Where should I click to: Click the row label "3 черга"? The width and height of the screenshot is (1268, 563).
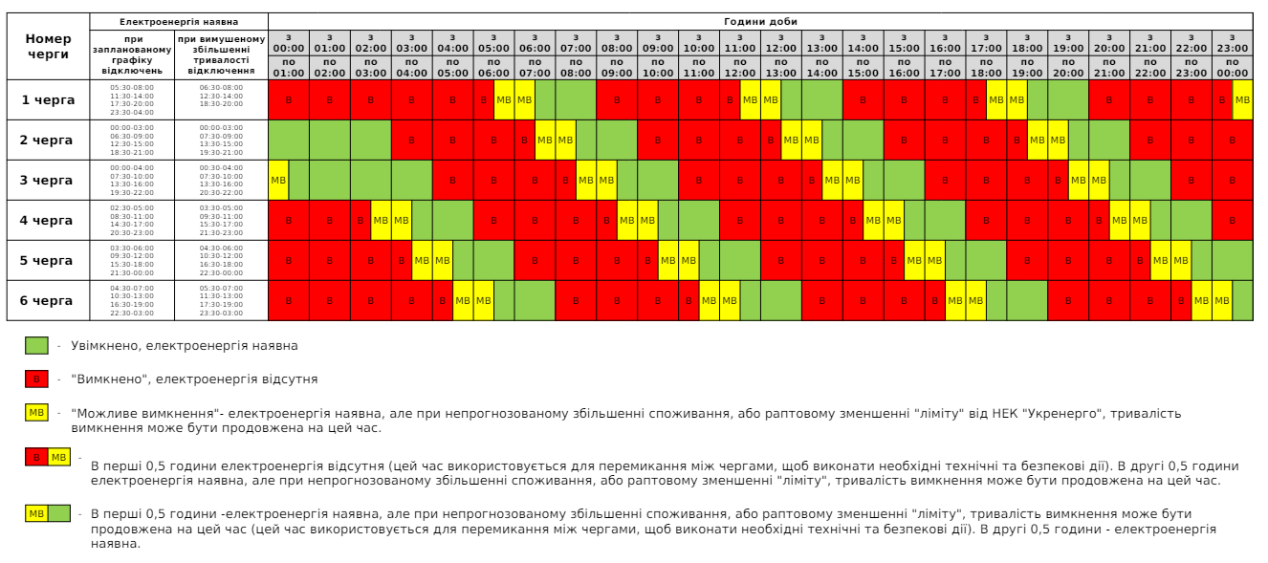click(46, 180)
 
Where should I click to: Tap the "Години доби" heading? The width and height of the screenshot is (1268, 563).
click(759, 21)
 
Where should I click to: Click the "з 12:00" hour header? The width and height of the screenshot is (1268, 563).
click(780, 42)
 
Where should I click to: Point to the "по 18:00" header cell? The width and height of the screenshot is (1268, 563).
click(986, 67)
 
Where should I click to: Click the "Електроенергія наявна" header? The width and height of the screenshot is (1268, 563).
click(179, 21)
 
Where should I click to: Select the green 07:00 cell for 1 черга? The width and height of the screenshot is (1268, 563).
click(576, 99)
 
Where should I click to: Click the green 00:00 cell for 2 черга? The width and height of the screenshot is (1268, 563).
click(289, 140)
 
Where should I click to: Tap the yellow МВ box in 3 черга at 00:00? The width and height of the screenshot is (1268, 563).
click(278, 180)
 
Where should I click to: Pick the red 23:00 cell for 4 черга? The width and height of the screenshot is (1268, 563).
click(1232, 220)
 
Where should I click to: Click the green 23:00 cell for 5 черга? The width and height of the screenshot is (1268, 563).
click(1232, 260)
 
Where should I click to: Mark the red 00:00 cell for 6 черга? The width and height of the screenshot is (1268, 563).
click(289, 300)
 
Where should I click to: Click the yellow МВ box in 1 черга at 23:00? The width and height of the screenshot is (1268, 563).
click(1242, 99)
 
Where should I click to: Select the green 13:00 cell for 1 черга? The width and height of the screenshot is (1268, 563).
click(822, 99)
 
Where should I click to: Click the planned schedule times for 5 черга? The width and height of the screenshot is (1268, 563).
click(132, 260)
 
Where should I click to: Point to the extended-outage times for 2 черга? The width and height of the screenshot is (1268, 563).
click(221, 140)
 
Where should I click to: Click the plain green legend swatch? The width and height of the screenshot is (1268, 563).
click(36, 345)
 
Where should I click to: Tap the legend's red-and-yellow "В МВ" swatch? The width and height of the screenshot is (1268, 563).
click(48, 457)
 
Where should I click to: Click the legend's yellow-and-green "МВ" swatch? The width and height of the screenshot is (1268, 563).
click(48, 514)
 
